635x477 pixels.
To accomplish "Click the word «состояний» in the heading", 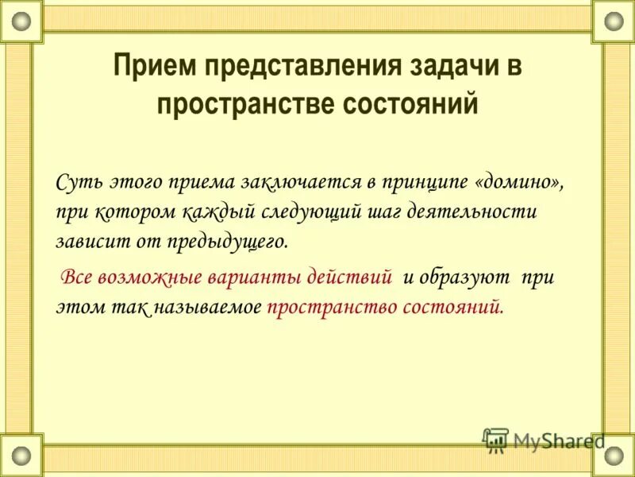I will (406, 104).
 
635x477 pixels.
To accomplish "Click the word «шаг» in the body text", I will (384, 212).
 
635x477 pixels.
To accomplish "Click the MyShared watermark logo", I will (543, 440).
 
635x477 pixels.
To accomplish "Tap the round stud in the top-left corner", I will (21, 21).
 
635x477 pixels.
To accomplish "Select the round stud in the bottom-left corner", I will (21, 456).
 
